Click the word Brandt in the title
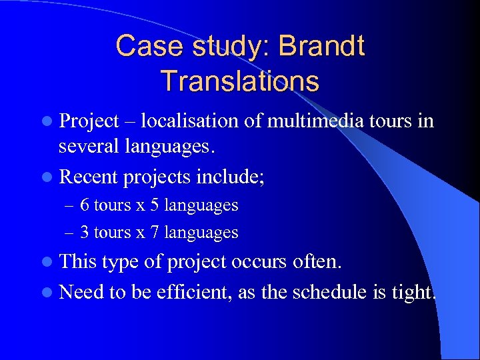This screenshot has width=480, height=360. tap(322, 47)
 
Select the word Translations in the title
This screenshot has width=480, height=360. tap(240, 81)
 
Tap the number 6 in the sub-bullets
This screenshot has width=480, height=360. tap(85, 205)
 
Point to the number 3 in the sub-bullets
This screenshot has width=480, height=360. tap(85, 232)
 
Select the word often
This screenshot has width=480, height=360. tap(317, 261)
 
